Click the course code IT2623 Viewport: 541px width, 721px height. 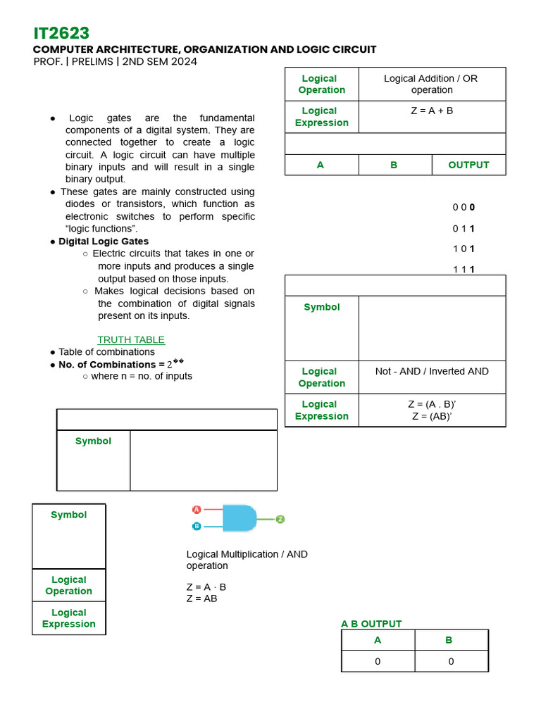[x=61, y=33]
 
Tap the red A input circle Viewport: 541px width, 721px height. [x=197, y=509]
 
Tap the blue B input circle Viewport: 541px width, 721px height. [x=197, y=526]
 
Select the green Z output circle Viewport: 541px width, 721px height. [x=280, y=519]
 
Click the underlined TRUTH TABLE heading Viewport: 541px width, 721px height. [x=131, y=339]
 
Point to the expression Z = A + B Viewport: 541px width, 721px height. [x=432, y=111]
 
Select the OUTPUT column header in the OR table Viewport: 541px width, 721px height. [x=468, y=165]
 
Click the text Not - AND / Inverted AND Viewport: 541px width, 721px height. [x=432, y=371]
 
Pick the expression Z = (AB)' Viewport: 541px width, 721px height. [x=432, y=416]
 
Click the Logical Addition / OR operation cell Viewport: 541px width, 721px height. [x=431, y=84]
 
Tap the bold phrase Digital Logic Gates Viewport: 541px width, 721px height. [x=104, y=242]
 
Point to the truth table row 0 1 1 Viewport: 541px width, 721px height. [x=464, y=228]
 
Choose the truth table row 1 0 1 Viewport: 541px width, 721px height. [x=464, y=249]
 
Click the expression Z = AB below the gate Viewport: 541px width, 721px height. [x=202, y=598]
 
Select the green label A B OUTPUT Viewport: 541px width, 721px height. [x=371, y=624]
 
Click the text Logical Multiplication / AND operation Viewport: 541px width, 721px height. [x=247, y=560]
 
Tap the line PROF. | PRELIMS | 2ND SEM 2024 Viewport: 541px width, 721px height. [x=116, y=61]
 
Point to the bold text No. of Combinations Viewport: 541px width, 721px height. [x=107, y=365]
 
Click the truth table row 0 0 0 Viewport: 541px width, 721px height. [x=464, y=207]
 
